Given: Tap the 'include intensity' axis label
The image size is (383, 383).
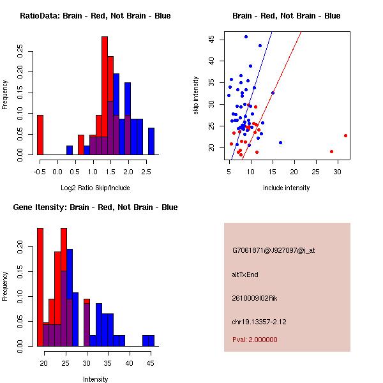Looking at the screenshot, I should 286,188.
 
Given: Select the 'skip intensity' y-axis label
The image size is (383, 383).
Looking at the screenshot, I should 196,96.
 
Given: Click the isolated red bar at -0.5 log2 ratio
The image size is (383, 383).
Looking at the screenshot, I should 40,135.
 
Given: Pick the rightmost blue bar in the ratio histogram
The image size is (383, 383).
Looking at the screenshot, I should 151,141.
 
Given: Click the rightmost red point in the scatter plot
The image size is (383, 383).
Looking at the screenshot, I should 345,135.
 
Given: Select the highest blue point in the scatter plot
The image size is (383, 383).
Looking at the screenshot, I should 246,36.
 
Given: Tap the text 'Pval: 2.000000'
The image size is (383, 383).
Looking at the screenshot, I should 255,340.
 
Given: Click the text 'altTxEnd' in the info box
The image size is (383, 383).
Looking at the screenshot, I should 245,274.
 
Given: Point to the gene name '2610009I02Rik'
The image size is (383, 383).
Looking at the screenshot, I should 255,298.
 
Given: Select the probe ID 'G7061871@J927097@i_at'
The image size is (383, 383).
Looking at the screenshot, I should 273,250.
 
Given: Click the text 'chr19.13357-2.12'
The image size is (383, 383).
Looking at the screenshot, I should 259,321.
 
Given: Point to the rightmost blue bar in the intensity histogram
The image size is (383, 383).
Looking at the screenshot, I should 148,340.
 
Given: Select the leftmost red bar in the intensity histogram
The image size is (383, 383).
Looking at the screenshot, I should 40,287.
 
